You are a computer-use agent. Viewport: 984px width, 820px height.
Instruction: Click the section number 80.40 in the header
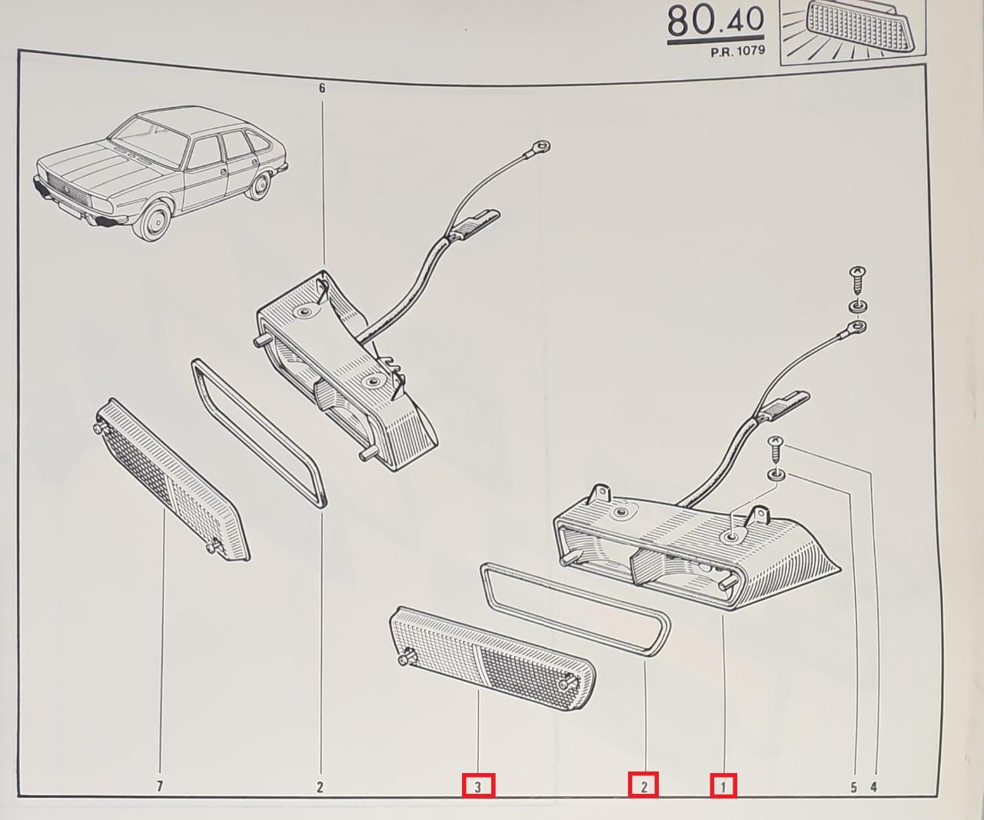(716, 22)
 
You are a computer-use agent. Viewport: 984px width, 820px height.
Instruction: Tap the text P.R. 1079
(737, 52)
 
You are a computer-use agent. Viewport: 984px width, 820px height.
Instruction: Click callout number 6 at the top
(322, 88)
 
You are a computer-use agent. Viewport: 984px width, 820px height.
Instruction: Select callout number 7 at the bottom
(160, 786)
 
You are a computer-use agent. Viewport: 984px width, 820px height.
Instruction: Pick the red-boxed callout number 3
(478, 786)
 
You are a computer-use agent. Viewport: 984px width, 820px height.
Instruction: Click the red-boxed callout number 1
(723, 786)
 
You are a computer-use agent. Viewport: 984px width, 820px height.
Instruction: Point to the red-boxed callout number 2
(643, 785)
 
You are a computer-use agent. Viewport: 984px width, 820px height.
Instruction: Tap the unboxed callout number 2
(320, 786)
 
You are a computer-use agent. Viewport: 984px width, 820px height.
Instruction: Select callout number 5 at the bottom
(853, 787)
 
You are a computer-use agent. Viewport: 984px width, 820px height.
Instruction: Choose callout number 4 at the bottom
(873, 787)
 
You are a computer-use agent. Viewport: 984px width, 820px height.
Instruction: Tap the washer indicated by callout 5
(776, 475)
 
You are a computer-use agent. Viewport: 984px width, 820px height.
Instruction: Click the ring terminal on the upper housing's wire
(543, 146)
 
